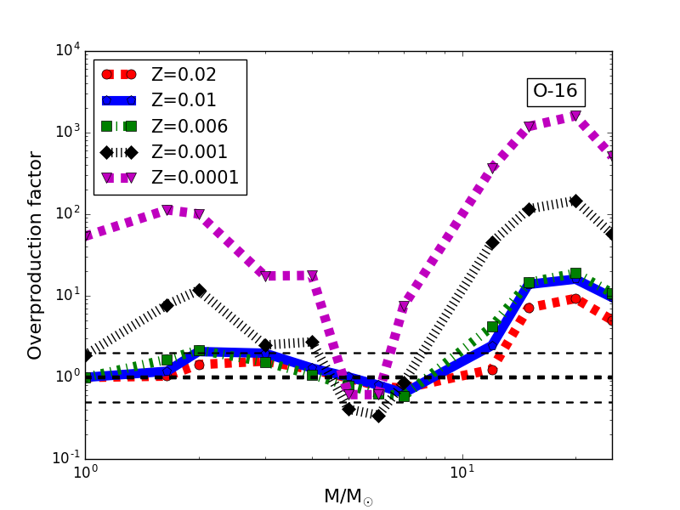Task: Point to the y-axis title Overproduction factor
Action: tap(35, 255)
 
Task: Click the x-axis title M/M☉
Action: tap(348, 496)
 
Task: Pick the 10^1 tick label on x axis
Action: tap(462, 473)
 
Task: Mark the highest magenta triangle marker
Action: tap(575, 116)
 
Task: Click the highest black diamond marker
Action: tap(575, 201)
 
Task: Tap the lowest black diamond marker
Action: tap(378, 416)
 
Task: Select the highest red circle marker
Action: tap(575, 299)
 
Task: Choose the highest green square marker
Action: tap(575, 274)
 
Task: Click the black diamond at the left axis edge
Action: tap(86, 355)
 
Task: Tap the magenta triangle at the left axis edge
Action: tap(86, 236)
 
